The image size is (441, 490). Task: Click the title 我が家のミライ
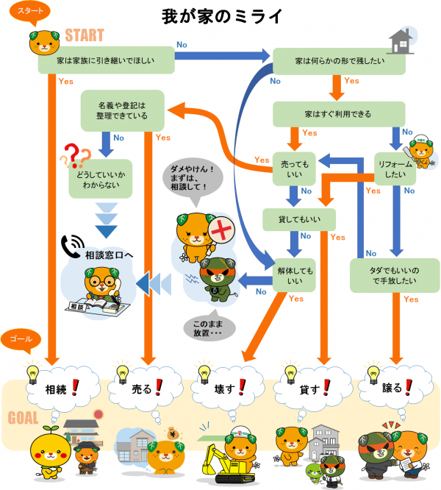(x=220, y=15)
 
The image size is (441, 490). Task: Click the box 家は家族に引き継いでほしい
(x=107, y=61)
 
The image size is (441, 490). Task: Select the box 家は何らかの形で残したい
(x=339, y=61)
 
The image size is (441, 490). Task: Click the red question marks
(x=76, y=155)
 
